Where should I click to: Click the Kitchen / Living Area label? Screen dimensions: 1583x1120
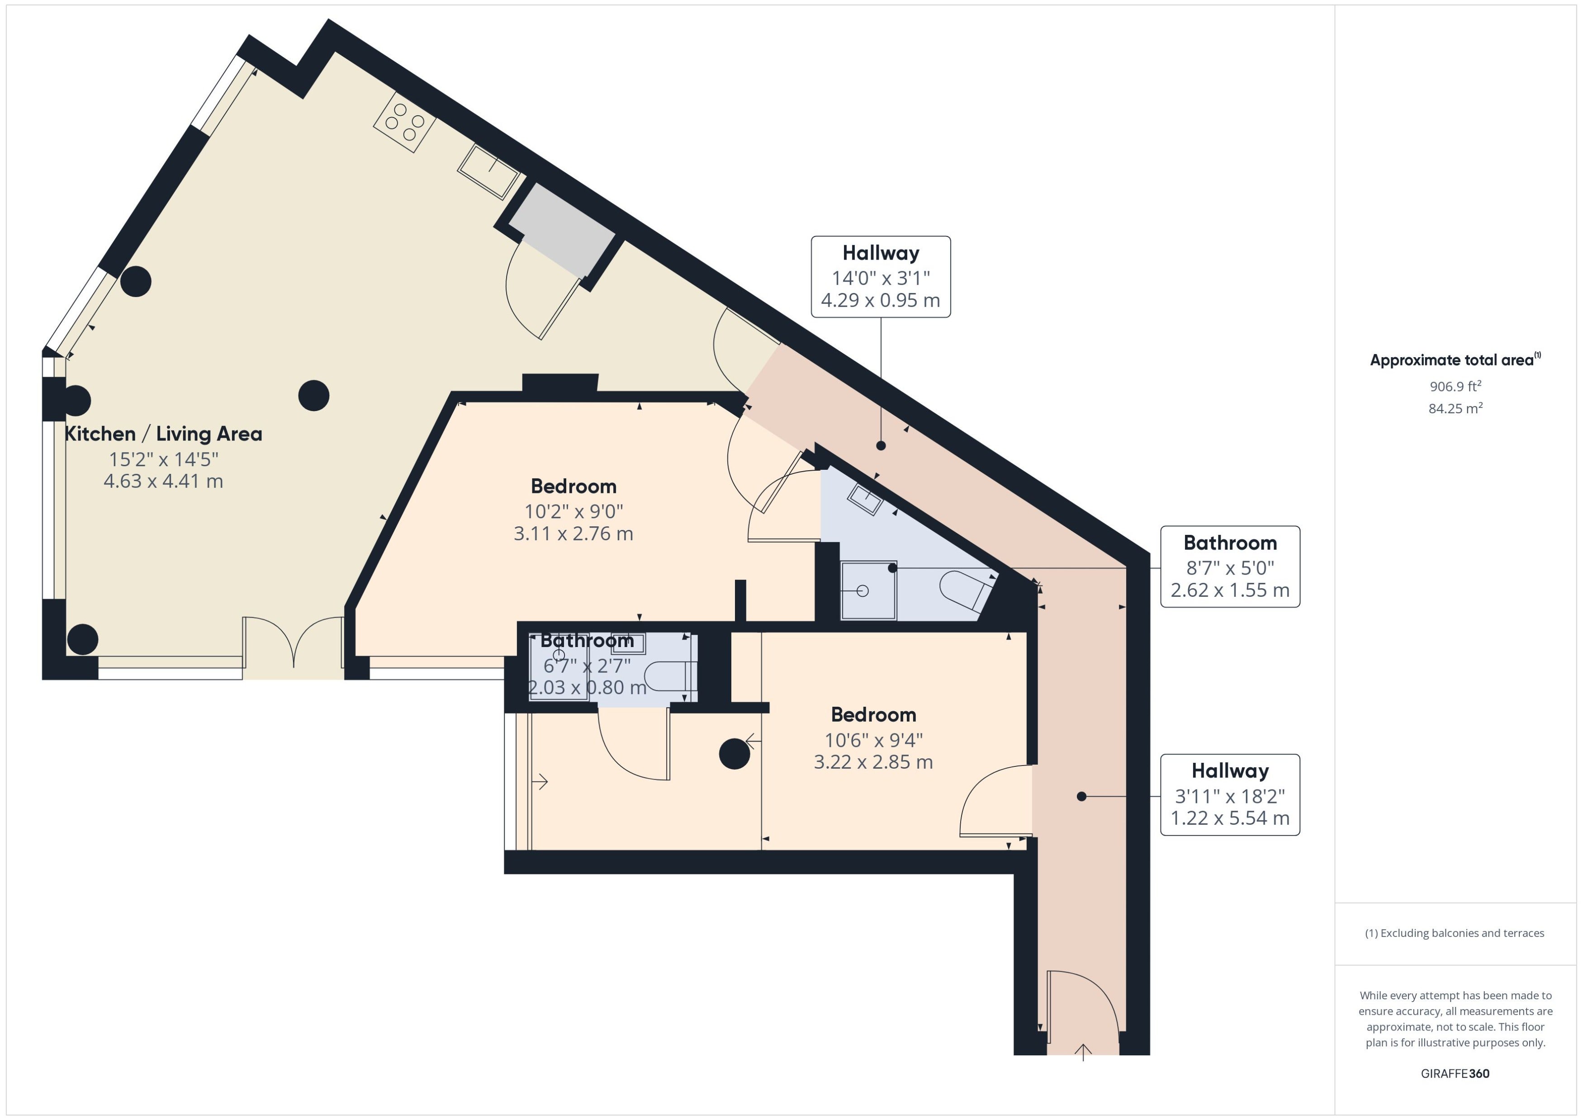(163, 434)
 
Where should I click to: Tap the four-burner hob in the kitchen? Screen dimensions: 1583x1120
(405, 122)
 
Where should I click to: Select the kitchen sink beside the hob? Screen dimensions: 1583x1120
(488, 170)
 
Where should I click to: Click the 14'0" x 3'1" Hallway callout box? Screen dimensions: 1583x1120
(881, 277)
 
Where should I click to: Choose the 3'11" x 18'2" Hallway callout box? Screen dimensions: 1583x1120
(1230, 795)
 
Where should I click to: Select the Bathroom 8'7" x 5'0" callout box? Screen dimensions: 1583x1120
(1230, 567)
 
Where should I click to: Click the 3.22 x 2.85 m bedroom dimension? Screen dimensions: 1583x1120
(873, 762)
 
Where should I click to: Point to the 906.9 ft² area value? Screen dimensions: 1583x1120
(1455, 386)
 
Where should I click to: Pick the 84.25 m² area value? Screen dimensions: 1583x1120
(1455, 408)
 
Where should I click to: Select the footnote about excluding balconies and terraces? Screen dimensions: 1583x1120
(1455, 933)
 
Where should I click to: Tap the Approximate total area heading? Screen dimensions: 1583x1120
(1455, 359)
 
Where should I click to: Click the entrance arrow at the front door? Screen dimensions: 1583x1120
(1083, 1052)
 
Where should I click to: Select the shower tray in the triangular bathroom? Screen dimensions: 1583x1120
(868, 591)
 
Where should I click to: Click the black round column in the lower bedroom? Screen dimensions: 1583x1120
(734, 754)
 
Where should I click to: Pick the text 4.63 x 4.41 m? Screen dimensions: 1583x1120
(163, 482)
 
